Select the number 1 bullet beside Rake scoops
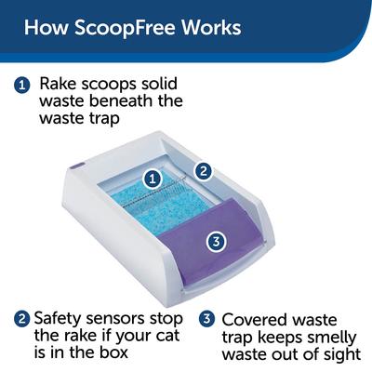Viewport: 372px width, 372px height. click(x=21, y=85)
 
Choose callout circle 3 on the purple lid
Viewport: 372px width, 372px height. click(x=215, y=242)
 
